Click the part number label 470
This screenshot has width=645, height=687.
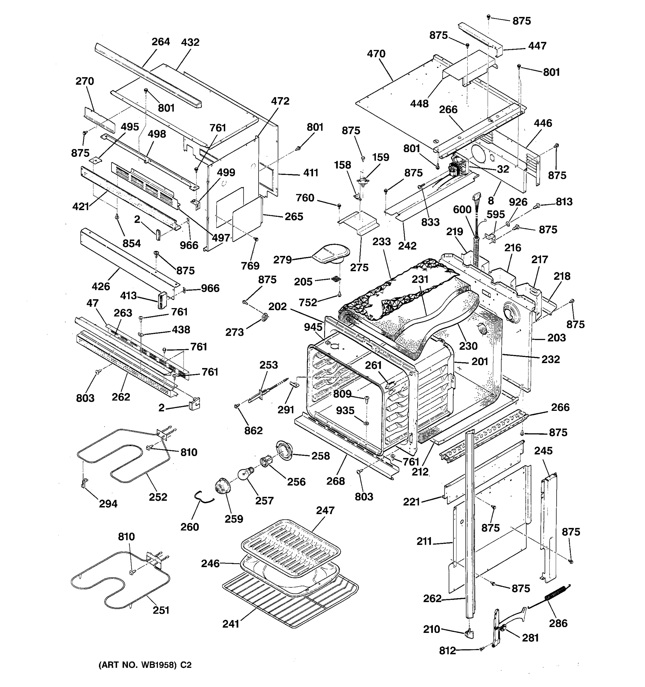[376, 54]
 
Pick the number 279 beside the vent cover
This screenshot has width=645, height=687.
[282, 260]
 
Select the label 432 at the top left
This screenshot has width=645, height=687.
[190, 42]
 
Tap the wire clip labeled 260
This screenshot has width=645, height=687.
[202, 498]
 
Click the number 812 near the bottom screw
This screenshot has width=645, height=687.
[447, 651]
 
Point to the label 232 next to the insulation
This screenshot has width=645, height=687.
[550, 360]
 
